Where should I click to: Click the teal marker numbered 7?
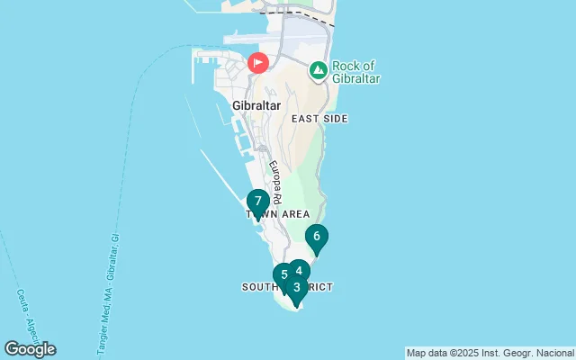pyautogui.click(x=257, y=202)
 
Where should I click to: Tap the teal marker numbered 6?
pyautogui.click(x=316, y=238)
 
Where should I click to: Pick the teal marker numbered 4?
pyautogui.click(x=299, y=271)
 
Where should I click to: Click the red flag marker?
pyautogui.click(x=258, y=63)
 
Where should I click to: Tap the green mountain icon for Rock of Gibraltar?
pyautogui.click(x=318, y=69)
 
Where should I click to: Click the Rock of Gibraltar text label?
pyautogui.click(x=355, y=72)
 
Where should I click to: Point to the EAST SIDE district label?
pyautogui.click(x=319, y=119)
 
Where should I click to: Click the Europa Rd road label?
pyautogui.click(x=274, y=183)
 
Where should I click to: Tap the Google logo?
pyautogui.click(x=30, y=349)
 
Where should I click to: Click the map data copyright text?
pyautogui.click(x=490, y=353)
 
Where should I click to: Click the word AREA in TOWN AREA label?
pyautogui.click(x=294, y=214)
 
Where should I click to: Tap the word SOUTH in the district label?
pyautogui.click(x=261, y=286)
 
